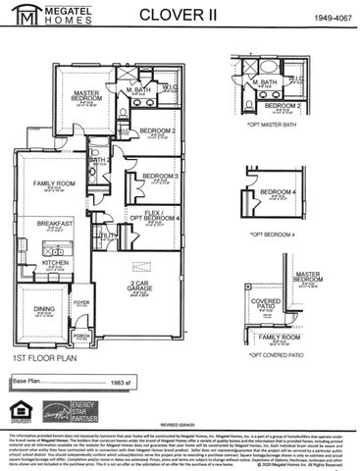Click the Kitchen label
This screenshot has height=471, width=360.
click(55, 263)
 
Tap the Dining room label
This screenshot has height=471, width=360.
click(45, 309)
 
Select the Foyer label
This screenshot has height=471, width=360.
click(82, 303)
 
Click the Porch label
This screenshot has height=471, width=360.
click(81, 335)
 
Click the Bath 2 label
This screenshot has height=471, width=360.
click(98, 160)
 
